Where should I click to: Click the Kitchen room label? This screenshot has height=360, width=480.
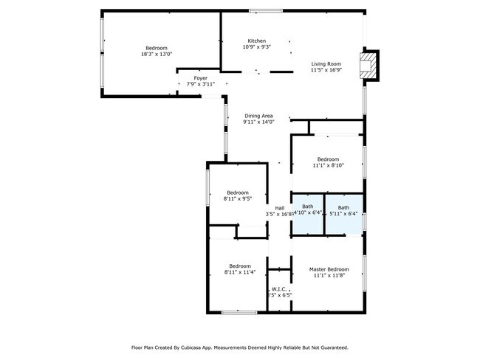(x=257, y=41)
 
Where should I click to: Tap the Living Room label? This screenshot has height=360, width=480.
(x=325, y=64)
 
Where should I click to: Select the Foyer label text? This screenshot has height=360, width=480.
(x=201, y=77)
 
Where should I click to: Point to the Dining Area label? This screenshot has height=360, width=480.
(x=259, y=116)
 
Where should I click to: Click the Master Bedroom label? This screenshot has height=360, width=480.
(x=329, y=269)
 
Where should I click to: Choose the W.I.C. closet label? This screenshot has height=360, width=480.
(x=279, y=288)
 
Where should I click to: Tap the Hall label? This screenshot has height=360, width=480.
(x=280, y=208)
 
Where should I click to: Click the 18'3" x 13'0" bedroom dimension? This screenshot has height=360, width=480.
(x=157, y=54)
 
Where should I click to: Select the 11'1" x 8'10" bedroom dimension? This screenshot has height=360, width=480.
(x=328, y=166)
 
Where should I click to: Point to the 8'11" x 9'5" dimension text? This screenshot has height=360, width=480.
(x=238, y=199)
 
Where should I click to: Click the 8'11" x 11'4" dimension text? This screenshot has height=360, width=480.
(x=239, y=272)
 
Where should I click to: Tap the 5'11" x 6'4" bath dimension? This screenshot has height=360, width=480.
(x=343, y=214)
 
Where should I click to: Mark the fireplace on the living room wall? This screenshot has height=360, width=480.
(x=366, y=64)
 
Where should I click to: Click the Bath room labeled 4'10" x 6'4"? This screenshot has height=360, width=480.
(x=307, y=207)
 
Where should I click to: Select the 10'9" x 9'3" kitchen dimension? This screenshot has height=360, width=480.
(x=257, y=47)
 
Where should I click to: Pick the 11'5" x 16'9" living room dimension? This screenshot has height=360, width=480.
(x=325, y=71)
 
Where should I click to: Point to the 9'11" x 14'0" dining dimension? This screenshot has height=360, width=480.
(x=259, y=122)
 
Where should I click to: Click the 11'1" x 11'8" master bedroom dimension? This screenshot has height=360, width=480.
(x=329, y=276)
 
